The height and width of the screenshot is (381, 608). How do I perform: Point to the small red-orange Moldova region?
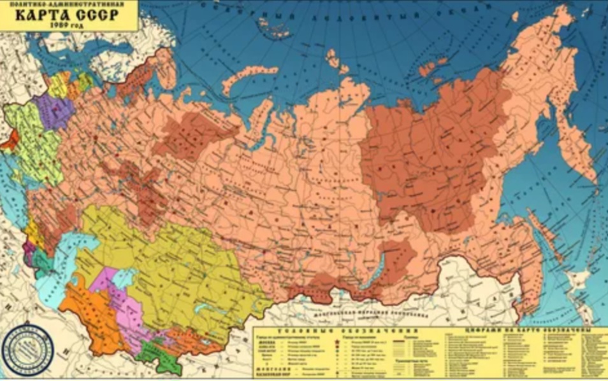click(10, 141)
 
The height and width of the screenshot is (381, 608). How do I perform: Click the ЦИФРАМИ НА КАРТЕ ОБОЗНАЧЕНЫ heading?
click(523, 331)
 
